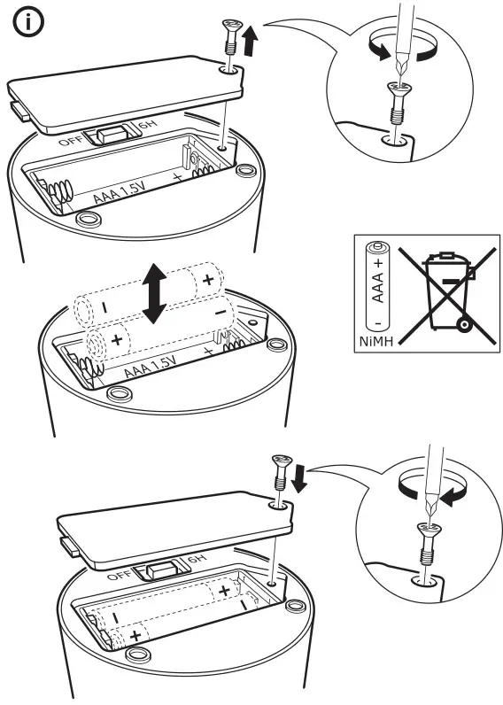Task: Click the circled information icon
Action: pos(30,24)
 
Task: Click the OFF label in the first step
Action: pos(69,141)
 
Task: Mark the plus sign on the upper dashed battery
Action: pos(208,280)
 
